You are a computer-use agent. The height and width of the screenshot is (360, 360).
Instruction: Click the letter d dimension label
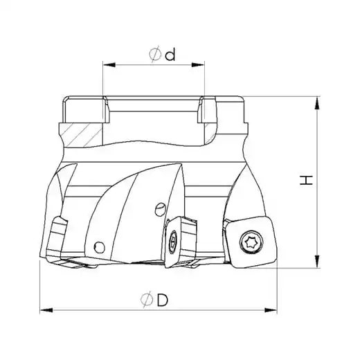[x=170, y=55]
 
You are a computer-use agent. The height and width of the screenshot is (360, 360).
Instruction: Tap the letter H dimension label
[x=306, y=180]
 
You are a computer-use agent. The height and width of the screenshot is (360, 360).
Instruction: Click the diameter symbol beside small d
[x=155, y=54]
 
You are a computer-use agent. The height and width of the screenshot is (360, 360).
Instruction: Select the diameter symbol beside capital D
[x=147, y=300]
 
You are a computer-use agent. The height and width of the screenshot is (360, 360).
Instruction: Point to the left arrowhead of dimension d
[x=109, y=65]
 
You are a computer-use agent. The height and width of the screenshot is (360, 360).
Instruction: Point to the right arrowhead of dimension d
[x=198, y=65]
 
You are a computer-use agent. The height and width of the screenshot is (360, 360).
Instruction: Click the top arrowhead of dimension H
[x=318, y=102]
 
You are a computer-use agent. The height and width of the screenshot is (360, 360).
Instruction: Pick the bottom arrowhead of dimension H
[x=318, y=262]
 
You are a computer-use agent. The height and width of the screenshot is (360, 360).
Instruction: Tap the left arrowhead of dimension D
[x=46, y=310]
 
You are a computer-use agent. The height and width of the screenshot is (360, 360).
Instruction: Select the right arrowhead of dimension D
[x=271, y=310]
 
